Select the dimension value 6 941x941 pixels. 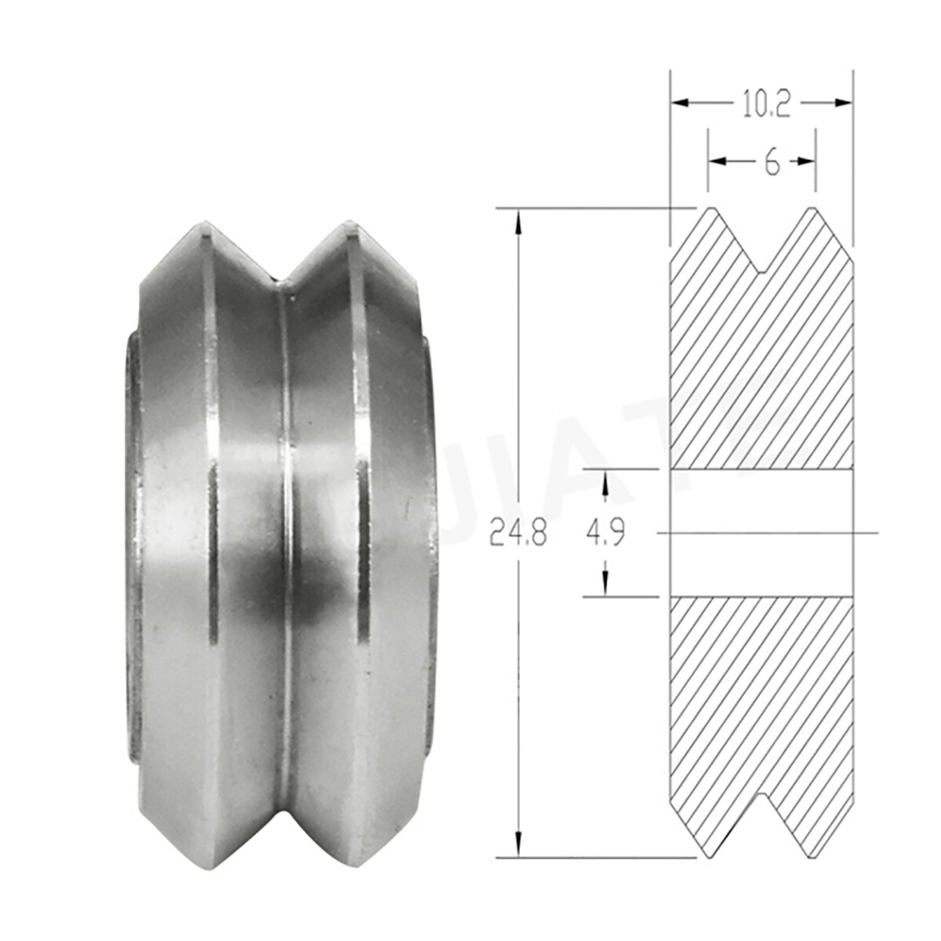(772, 162)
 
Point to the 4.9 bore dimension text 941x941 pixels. (605, 535)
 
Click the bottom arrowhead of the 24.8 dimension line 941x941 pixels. (518, 847)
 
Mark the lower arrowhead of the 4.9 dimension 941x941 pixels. (605, 580)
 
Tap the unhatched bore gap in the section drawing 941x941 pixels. (761, 533)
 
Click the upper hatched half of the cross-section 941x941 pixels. (761, 369)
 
